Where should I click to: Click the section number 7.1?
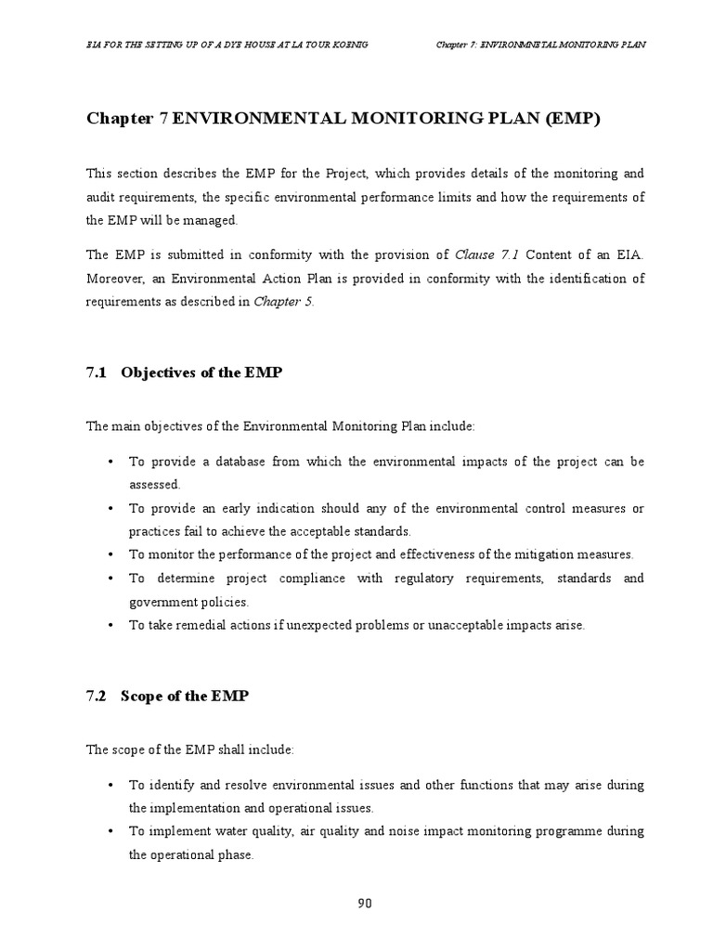tap(97, 372)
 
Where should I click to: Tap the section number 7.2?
tap(97, 696)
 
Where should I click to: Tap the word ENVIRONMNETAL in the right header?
tap(522, 45)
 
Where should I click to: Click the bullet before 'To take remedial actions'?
tap(111, 625)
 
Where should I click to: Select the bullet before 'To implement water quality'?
tap(111, 831)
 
